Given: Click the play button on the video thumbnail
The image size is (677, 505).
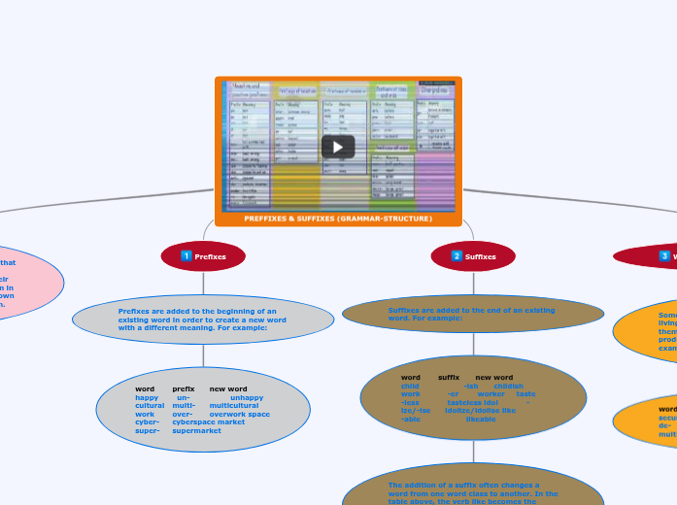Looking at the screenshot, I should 338,147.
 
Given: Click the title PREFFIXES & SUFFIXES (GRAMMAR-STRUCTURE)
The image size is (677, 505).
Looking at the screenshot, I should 338,219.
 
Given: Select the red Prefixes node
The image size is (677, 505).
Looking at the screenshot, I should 203,256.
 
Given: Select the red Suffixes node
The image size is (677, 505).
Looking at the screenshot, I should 473,256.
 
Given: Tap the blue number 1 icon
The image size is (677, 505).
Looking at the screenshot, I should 186,256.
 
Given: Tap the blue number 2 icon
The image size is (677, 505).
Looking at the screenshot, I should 457,256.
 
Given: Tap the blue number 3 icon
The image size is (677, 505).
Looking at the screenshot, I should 664,256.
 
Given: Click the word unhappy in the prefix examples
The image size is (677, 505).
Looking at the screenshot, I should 247,397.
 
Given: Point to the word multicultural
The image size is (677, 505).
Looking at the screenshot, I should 233,406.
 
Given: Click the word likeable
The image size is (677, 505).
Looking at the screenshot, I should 481,419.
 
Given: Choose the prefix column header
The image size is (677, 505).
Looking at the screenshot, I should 184,388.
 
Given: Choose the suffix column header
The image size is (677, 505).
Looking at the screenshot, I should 449,377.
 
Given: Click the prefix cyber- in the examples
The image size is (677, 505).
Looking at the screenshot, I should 147,422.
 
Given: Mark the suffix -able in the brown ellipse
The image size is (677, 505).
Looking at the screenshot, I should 411,419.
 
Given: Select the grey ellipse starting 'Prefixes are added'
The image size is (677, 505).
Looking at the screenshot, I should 203,320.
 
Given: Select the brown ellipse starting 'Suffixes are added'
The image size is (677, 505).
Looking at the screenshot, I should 473,314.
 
